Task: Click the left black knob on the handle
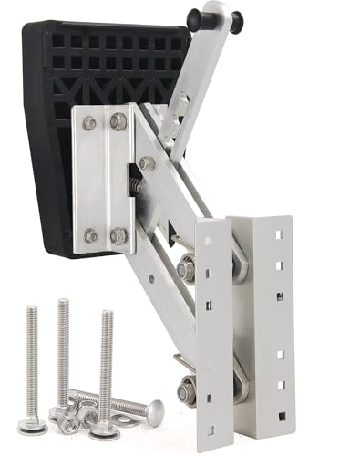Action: click(194, 18)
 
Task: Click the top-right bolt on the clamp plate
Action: click(118, 121)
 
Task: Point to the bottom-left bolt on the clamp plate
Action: click(90, 235)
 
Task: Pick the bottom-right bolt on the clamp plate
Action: click(118, 235)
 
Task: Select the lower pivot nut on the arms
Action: click(188, 392)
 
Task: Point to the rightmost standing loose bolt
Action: click(107, 365)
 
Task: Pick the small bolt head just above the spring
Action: click(147, 163)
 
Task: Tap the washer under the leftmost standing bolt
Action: click(34, 424)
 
